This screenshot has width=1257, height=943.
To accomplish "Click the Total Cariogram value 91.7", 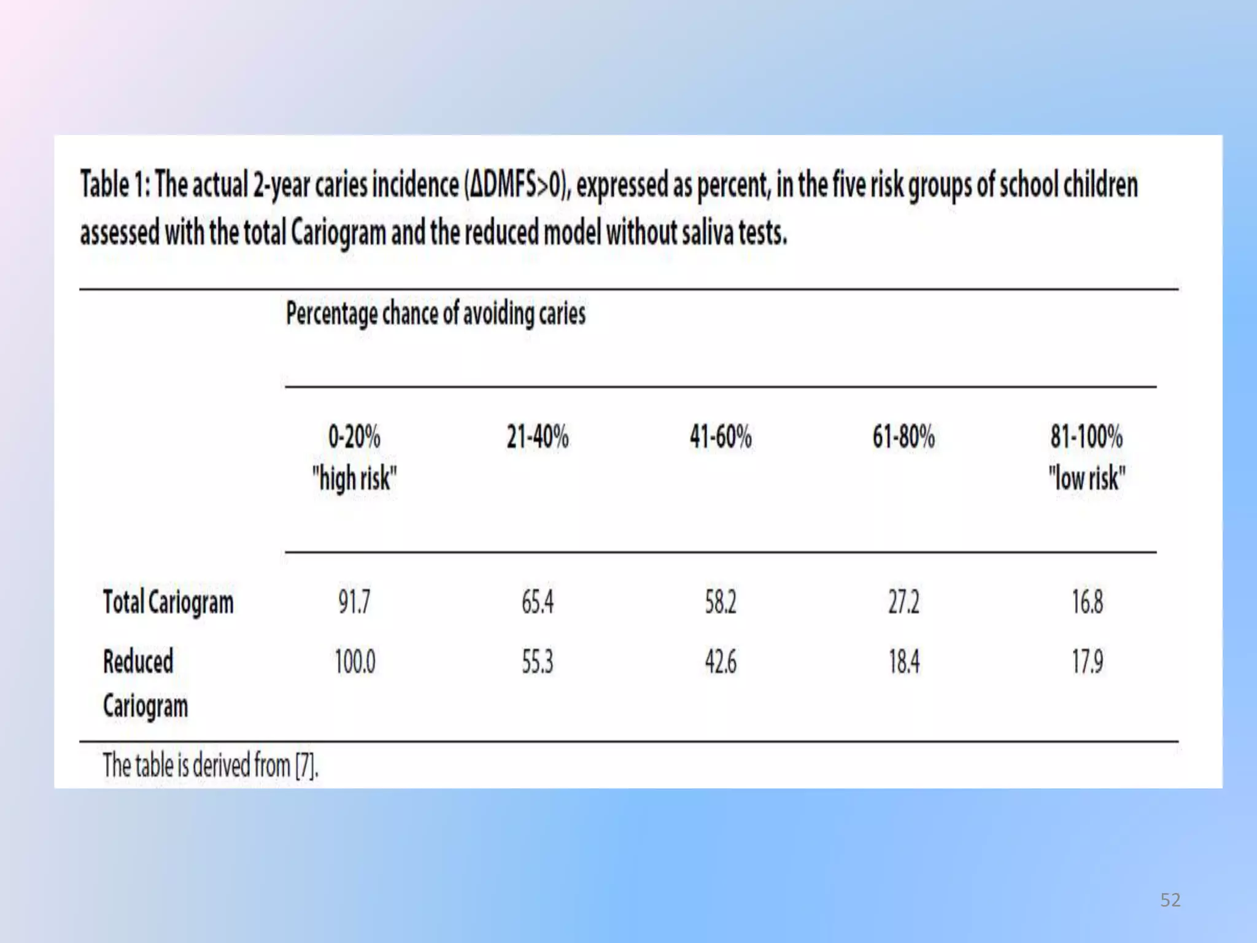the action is pyautogui.click(x=354, y=602).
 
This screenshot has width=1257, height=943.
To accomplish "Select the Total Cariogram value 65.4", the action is pyautogui.click(x=538, y=602).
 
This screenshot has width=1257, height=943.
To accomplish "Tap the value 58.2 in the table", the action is pyautogui.click(x=721, y=602).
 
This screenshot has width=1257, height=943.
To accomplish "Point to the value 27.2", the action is pyautogui.click(x=904, y=602).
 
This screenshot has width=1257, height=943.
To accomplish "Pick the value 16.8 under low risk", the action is pyautogui.click(x=1088, y=602).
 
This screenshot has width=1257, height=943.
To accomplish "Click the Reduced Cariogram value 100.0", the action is pyautogui.click(x=355, y=662).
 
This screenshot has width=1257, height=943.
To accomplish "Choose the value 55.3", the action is pyautogui.click(x=538, y=662).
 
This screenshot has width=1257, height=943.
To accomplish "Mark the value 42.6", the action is pyautogui.click(x=721, y=662).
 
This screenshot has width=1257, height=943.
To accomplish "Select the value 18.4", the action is pyautogui.click(x=904, y=662).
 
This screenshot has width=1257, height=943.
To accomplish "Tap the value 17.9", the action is pyautogui.click(x=1088, y=662).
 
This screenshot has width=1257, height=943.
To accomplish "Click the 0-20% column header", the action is pyautogui.click(x=354, y=437).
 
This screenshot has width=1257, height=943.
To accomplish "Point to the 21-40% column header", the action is pyautogui.click(x=538, y=437).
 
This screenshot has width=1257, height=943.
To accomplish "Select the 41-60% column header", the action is pyautogui.click(x=721, y=437).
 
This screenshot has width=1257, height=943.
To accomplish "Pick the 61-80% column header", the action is pyautogui.click(x=904, y=437).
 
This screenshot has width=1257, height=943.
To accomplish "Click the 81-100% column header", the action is pyautogui.click(x=1087, y=437).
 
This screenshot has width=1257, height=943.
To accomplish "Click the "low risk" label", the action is pyautogui.click(x=1087, y=478).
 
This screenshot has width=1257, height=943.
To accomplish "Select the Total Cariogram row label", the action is pyautogui.click(x=168, y=602).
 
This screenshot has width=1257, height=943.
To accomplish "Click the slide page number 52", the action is pyautogui.click(x=1170, y=900).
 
